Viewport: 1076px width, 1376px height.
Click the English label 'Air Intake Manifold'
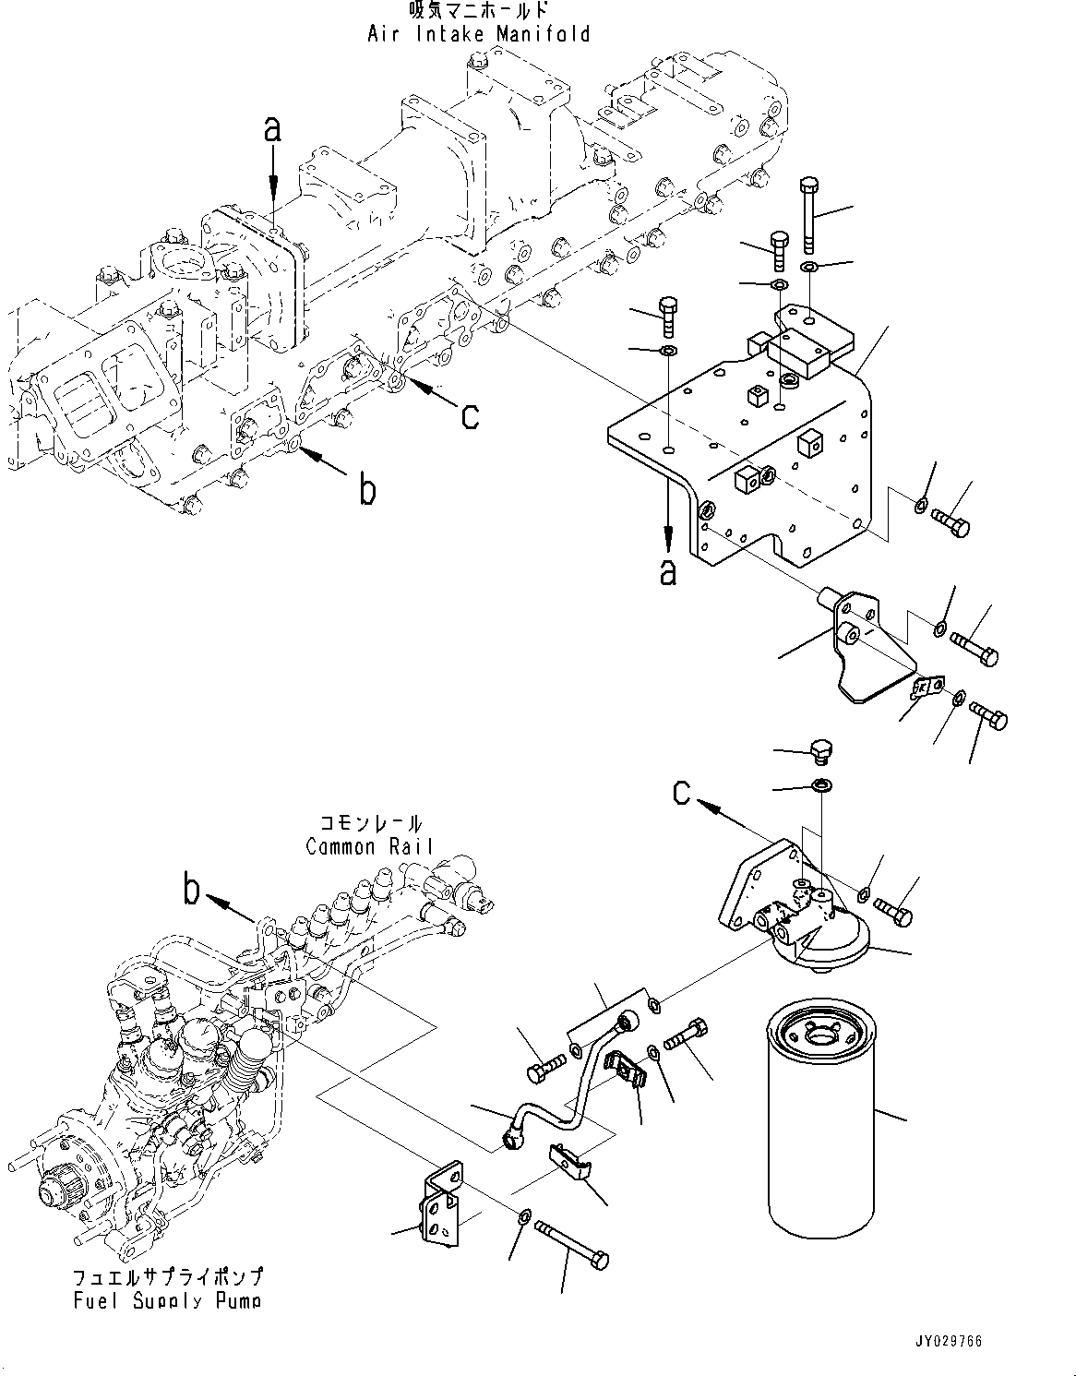[x=478, y=34]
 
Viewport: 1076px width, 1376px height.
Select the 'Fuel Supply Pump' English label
[x=167, y=1300]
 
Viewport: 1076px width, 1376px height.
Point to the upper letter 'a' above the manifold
[x=272, y=130]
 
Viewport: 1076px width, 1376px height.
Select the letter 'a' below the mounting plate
[x=668, y=571]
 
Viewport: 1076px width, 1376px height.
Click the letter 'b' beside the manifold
[x=367, y=490]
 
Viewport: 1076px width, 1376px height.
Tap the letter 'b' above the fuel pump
[x=192, y=891]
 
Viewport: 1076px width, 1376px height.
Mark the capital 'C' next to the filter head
[x=681, y=792]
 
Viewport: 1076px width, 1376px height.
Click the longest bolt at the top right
[x=808, y=212]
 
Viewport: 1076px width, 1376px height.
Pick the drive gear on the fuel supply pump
[x=55, y=1191]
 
